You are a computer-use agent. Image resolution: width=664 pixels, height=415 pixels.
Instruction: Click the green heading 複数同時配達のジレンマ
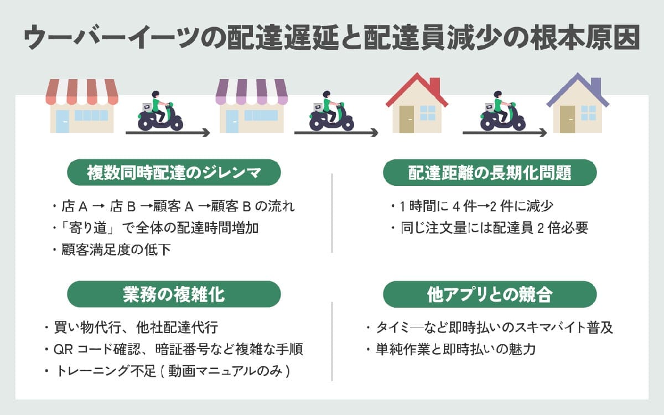click(x=174, y=173)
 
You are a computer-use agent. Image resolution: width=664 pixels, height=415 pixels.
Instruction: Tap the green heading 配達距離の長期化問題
click(x=490, y=173)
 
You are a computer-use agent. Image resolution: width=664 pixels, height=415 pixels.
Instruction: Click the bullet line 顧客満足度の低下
click(x=113, y=250)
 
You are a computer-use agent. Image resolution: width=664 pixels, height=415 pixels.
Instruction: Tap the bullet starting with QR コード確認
click(x=174, y=350)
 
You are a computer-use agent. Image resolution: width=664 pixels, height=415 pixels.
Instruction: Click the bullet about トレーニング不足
click(x=168, y=371)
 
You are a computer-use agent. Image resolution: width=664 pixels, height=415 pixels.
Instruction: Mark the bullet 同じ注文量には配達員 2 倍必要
click(x=489, y=228)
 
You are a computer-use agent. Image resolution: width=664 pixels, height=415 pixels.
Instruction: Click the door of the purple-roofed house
click(x=568, y=118)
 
